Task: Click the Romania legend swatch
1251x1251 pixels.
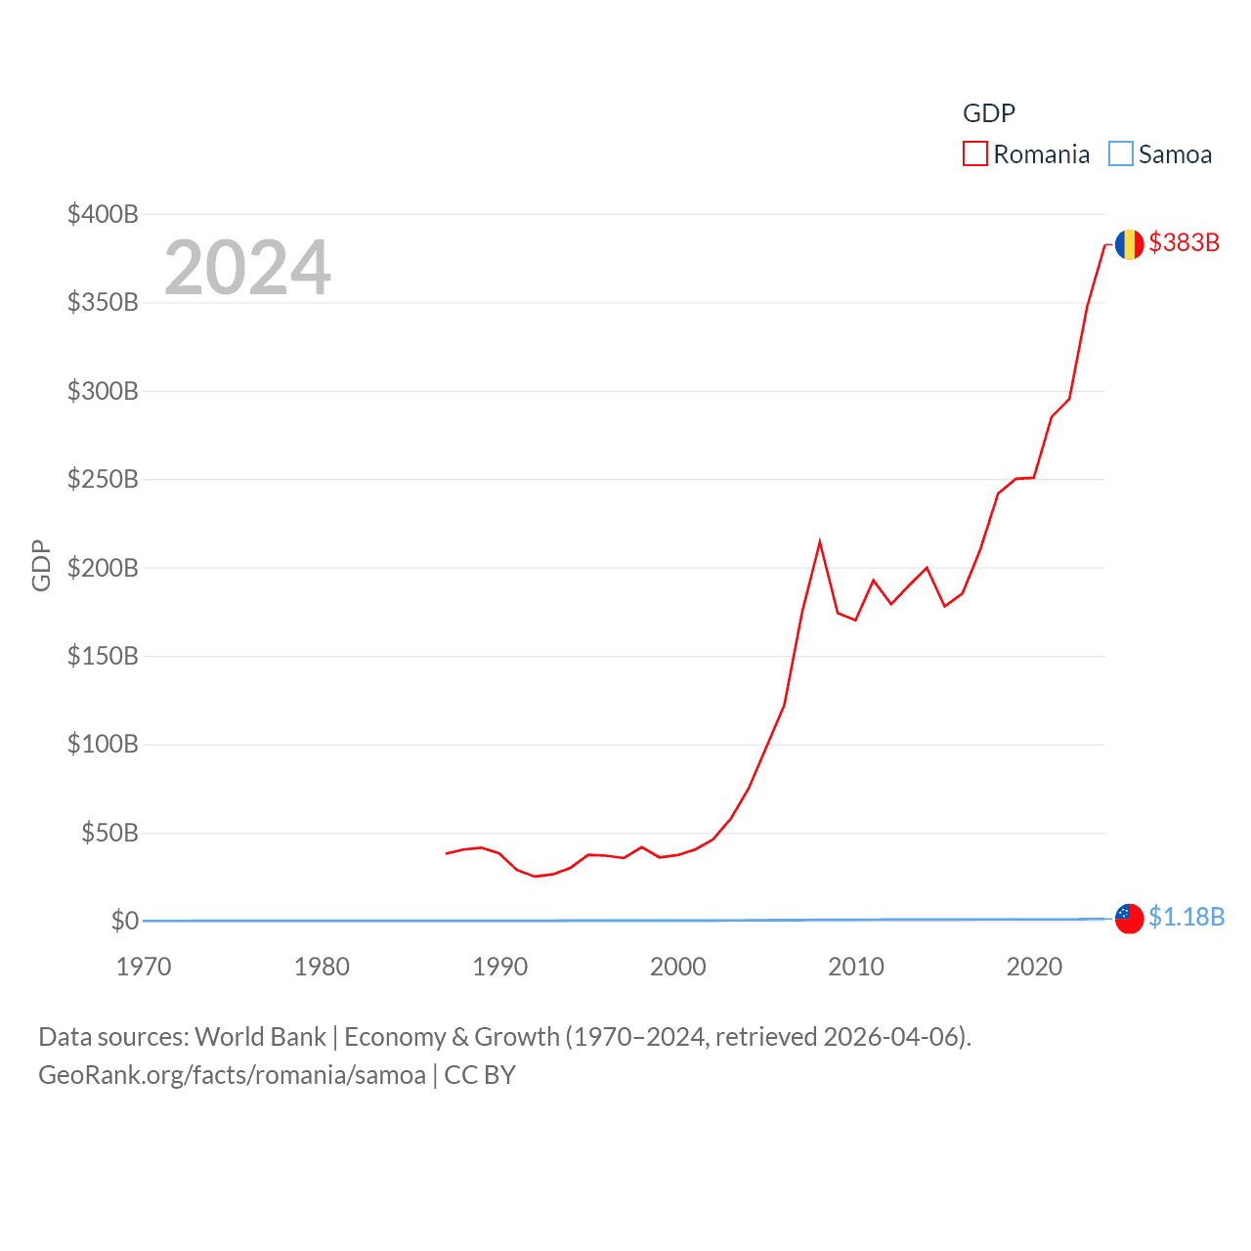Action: [x=974, y=154]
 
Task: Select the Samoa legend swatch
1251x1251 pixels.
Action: [x=1120, y=154]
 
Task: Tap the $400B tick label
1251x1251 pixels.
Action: [x=103, y=214]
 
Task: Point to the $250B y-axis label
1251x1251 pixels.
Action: [x=103, y=479]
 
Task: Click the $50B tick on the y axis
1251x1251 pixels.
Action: [x=109, y=833]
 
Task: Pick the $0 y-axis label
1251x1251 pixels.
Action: [x=125, y=921]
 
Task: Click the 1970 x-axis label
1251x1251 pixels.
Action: [x=144, y=967]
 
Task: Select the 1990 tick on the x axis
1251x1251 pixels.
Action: [x=499, y=967]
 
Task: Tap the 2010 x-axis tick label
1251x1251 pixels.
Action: [x=856, y=967]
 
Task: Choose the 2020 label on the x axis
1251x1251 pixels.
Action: [x=1034, y=967]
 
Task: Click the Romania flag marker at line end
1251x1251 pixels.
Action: [x=1129, y=244]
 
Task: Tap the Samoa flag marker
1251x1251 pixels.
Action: [x=1129, y=919]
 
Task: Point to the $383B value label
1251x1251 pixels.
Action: [x=1184, y=242]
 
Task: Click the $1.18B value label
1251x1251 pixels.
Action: [x=1186, y=917]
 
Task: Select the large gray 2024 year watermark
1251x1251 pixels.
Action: [x=247, y=268]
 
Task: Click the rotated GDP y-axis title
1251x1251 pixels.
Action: [x=41, y=565]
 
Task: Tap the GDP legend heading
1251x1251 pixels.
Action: [x=988, y=113]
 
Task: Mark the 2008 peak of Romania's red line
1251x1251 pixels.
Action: [x=819, y=542]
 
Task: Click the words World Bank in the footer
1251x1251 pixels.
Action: [x=260, y=1036]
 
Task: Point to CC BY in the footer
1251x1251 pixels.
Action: [x=479, y=1075]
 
